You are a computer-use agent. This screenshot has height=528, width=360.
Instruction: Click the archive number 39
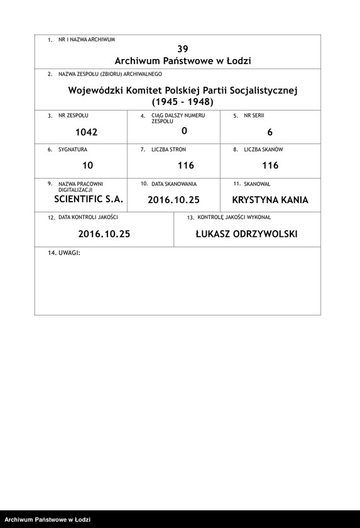tap(183, 48)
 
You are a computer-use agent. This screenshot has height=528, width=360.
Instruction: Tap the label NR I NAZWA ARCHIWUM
tap(86, 40)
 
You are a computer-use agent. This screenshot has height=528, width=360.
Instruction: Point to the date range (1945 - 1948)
tap(183, 102)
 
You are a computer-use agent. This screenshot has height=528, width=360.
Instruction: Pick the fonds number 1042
tap(86, 132)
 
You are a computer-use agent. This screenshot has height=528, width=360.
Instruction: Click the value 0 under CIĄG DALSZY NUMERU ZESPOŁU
tap(184, 131)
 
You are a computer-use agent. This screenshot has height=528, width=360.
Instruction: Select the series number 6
tap(270, 132)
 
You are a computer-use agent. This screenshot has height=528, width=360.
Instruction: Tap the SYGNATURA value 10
tap(87, 165)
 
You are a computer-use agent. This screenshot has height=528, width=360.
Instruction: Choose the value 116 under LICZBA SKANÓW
tap(270, 165)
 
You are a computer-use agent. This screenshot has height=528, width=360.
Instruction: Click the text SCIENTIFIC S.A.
tap(89, 199)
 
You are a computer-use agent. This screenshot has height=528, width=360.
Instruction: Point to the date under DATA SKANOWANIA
tap(173, 201)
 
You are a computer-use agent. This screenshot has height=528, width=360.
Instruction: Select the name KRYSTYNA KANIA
tap(270, 201)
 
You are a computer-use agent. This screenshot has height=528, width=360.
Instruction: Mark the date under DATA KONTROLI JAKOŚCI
tap(104, 234)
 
